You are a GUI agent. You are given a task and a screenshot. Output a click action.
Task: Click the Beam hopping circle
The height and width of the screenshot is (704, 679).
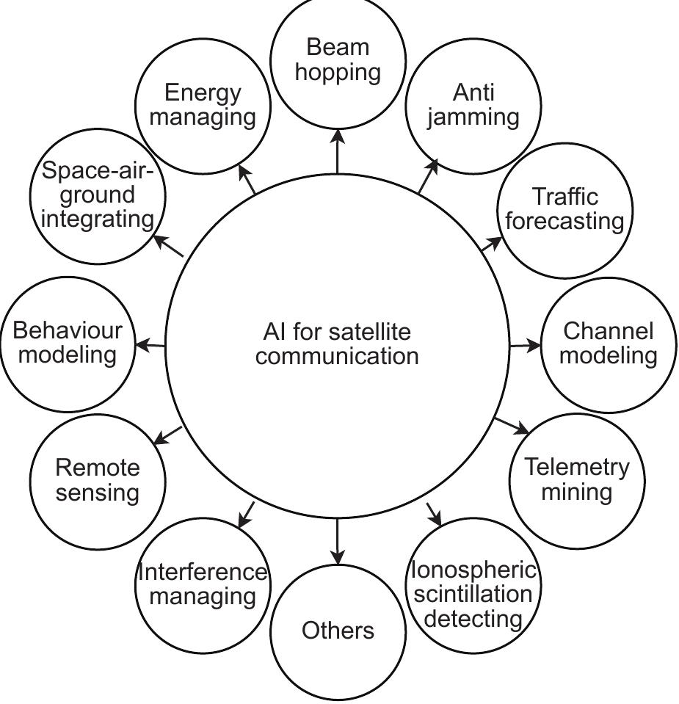338,60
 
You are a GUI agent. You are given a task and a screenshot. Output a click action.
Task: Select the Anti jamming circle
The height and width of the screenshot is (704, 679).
473,105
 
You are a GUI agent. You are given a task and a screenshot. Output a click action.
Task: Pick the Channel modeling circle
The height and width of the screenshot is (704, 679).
609,344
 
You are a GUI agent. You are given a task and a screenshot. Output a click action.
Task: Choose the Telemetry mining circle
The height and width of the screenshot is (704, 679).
576,479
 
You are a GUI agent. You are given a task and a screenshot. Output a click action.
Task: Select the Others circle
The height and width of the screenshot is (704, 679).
338,631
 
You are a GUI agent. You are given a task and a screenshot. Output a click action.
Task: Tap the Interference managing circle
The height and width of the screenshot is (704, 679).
203,584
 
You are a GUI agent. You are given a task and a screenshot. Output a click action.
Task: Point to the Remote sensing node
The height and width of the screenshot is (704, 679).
98,479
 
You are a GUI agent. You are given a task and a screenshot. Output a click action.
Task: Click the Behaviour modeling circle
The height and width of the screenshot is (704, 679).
68,343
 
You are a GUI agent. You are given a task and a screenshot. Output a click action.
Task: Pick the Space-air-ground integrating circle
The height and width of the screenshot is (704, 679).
98,195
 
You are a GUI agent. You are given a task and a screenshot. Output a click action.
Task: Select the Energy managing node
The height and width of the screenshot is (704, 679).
203,105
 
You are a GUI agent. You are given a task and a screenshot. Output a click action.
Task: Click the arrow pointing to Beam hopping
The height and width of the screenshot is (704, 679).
338,151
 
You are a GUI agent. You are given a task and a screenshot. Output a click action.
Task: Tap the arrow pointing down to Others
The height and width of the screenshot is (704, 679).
338,542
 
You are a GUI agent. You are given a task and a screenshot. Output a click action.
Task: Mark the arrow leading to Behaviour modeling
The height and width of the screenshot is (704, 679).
152,344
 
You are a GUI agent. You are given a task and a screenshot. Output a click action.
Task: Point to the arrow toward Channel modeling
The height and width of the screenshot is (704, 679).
525,345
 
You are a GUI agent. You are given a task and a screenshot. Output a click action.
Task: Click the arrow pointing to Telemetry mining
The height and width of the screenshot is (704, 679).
512,426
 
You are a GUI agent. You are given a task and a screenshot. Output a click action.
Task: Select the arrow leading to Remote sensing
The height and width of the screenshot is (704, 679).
168,435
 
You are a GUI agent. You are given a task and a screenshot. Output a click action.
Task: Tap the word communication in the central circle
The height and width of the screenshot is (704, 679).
338,356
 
